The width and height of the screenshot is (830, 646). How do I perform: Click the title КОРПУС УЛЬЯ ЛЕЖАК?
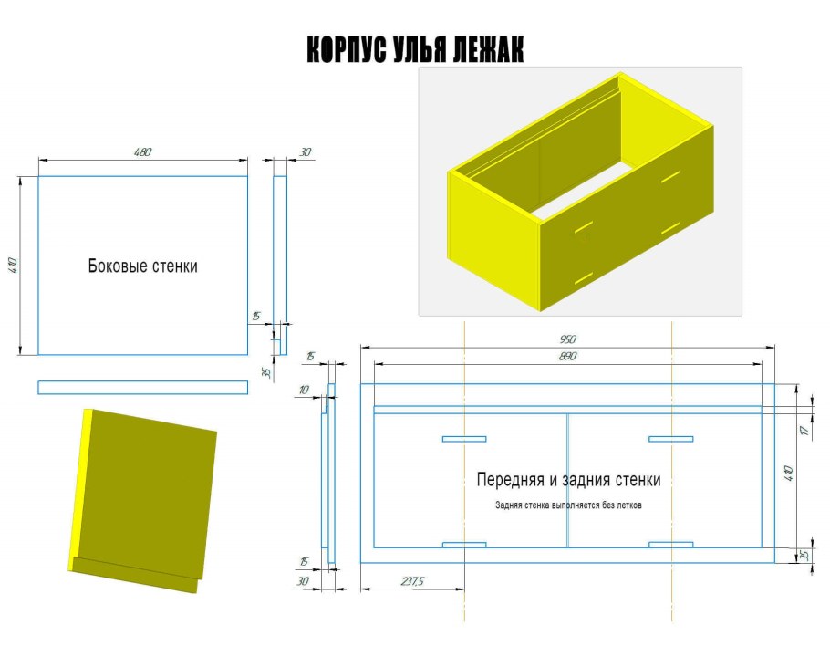(415, 50)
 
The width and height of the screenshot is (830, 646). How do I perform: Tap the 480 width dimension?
(142, 152)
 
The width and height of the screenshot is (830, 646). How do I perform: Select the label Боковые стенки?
(143, 266)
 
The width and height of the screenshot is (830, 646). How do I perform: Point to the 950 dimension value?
(567, 339)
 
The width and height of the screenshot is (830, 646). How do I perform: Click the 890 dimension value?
(567, 356)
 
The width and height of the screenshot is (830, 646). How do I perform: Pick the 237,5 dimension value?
(412, 581)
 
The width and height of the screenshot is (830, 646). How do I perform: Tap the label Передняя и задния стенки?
(568, 480)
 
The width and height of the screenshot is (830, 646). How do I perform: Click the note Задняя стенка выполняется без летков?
(568, 505)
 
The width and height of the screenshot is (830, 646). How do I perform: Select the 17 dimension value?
(805, 430)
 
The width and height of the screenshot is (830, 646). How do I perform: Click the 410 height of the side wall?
(13, 266)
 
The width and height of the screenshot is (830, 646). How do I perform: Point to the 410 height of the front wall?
(789, 473)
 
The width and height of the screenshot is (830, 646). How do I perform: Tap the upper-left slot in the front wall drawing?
(464, 439)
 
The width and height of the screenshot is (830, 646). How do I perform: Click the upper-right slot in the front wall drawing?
(670, 439)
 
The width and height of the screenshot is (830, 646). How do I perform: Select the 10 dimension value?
(304, 390)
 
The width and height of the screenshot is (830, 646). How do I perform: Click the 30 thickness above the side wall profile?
(306, 152)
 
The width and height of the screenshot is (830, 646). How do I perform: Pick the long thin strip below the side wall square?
(143, 388)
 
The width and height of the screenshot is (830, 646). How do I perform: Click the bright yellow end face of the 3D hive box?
(493, 241)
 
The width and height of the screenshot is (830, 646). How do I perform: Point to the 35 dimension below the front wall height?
(804, 556)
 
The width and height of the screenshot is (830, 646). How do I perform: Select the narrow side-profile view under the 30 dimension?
(280, 265)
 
